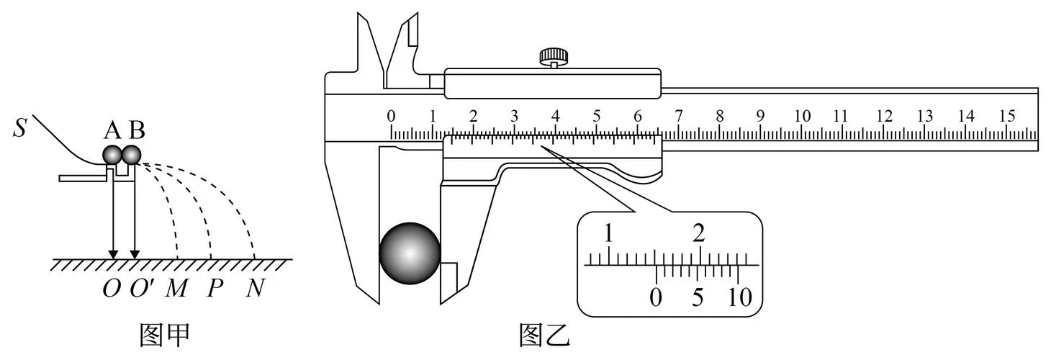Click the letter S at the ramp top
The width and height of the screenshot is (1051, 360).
(x=19, y=127)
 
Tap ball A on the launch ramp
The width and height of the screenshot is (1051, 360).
(x=112, y=155)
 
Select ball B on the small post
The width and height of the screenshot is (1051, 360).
(x=131, y=155)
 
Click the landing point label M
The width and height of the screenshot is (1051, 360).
(x=176, y=288)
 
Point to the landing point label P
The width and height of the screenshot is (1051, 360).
(x=215, y=288)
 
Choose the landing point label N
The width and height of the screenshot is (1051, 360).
(x=256, y=288)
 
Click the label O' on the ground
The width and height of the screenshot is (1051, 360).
(x=142, y=288)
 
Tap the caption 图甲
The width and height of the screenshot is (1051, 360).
(x=165, y=335)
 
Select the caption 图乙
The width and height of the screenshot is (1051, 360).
(x=544, y=335)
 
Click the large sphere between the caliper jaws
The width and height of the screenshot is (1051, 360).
(x=410, y=253)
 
